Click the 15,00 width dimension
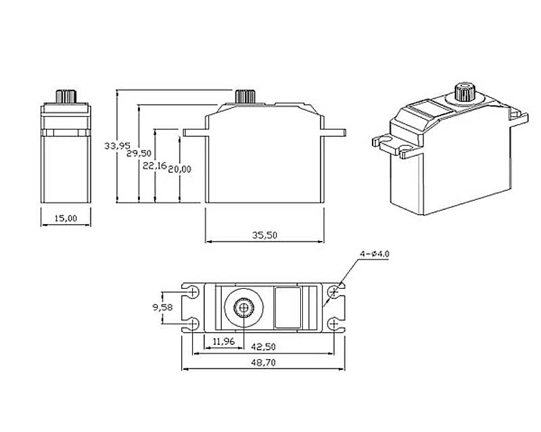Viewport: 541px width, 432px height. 65,217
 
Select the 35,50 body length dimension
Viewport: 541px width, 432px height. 265,236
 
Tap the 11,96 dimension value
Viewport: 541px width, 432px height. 223,342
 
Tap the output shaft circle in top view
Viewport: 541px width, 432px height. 243,308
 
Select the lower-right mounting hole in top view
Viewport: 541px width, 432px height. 334,325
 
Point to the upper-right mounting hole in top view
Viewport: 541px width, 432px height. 334,292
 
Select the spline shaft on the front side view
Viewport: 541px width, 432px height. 245,96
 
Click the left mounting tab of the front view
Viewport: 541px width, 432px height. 193,131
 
